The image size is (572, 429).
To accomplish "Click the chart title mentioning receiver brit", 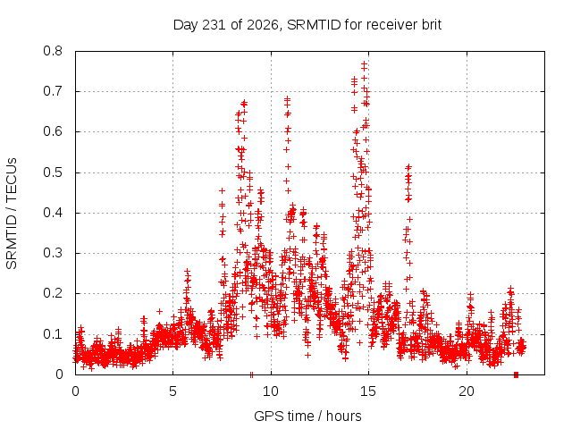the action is tap(307, 25).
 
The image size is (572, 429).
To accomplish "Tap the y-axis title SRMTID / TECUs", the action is tap(12, 214).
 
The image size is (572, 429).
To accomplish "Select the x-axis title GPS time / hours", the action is tap(307, 416).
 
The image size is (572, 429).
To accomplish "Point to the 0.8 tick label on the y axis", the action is tap(53, 51).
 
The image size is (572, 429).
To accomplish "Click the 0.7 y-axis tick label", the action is tap(53, 91).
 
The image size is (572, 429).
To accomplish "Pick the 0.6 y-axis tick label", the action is tap(53, 131).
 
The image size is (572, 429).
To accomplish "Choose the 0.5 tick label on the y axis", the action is tap(53, 172).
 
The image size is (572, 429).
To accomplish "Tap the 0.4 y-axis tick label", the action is tap(53, 213).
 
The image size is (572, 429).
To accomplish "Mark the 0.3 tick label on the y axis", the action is tap(53, 253).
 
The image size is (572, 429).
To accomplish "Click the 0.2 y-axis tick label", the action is tap(53, 293).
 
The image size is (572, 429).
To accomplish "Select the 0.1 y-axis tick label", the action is tap(53, 333).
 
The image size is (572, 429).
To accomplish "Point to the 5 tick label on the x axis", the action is tap(172, 391).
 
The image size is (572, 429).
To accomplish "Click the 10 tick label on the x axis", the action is tap(271, 391).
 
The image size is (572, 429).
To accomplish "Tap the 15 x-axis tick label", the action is tap(368, 391).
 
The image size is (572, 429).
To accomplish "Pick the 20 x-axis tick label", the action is tap(467, 391).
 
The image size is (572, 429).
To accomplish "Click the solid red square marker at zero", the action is tap(516, 374).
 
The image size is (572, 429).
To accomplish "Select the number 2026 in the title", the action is tap(262, 25).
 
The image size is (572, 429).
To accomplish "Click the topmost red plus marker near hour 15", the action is tap(364, 63).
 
